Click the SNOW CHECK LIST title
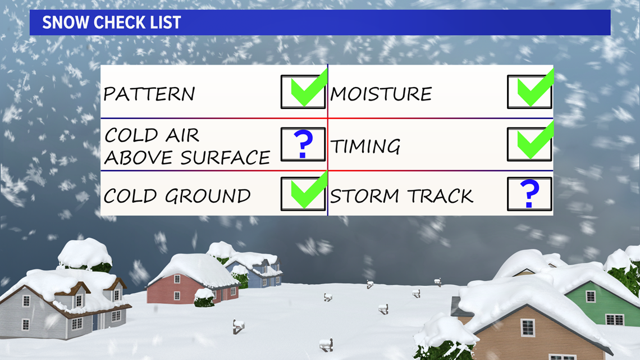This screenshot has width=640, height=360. click(x=111, y=22)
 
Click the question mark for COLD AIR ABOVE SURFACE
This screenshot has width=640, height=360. click(x=303, y=144)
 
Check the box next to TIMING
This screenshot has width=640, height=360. click(x=529, y=144)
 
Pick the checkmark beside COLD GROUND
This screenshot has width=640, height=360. click(x=309, y=190)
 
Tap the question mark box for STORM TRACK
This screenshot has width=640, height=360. click(x=529, y=194)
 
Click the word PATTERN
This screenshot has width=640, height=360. click(x=149, y=94)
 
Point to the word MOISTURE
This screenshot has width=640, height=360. click(x=381, y=94)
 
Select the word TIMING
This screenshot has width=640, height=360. click(x=365, y=146)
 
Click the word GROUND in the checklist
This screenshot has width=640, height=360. click(x=208, y=196)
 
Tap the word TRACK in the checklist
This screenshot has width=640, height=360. click(x=440, y=196)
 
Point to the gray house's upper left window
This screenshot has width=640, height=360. click(x=26, y=301)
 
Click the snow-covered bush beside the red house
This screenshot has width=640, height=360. click(x=204, y=298)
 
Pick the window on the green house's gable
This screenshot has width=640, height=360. click(x=591, y=297)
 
